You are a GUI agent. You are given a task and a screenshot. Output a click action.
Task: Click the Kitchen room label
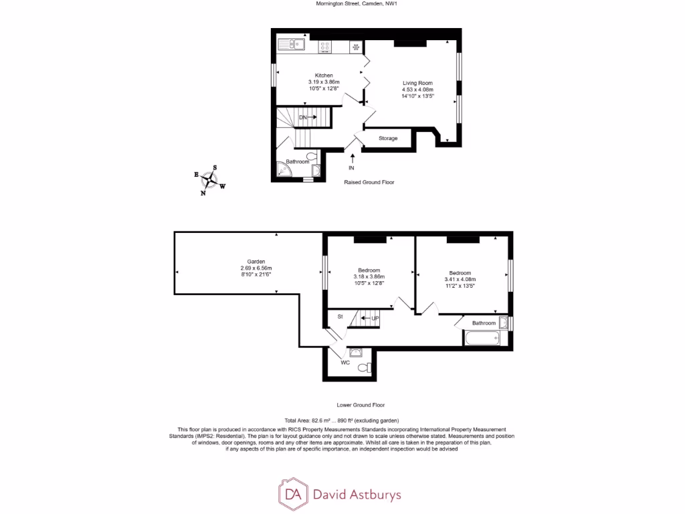(x=324, y=76)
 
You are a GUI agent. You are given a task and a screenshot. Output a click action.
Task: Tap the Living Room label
(x=417, y=83)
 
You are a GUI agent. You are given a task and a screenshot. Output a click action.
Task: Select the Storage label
(x=388, y=139)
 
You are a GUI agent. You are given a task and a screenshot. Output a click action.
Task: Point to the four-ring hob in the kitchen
(x=325, y=46)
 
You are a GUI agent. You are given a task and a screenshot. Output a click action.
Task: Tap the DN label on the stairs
(x=303, y=117)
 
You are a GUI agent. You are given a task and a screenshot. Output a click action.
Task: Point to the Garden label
(x=256, y=262)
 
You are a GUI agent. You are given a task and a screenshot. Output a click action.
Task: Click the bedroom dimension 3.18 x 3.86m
(x=369, y=276)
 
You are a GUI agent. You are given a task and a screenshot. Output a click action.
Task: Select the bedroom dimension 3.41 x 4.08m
(x=461, y=280)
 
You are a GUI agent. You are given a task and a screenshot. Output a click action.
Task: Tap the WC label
(x=345, y=363)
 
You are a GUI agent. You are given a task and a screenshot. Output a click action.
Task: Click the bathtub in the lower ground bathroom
(x=482, y=339)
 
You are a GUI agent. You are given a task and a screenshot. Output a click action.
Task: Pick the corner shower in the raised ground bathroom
(x=284, y=172)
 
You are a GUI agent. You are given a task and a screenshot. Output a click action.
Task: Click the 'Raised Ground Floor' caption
(x=369, y=182)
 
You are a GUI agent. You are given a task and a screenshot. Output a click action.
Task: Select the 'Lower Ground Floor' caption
(x=361, y=405)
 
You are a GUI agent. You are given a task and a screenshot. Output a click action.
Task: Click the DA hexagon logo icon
(x=292, y=495)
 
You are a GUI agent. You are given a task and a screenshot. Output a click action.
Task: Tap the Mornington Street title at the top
(x=342, y=3)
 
